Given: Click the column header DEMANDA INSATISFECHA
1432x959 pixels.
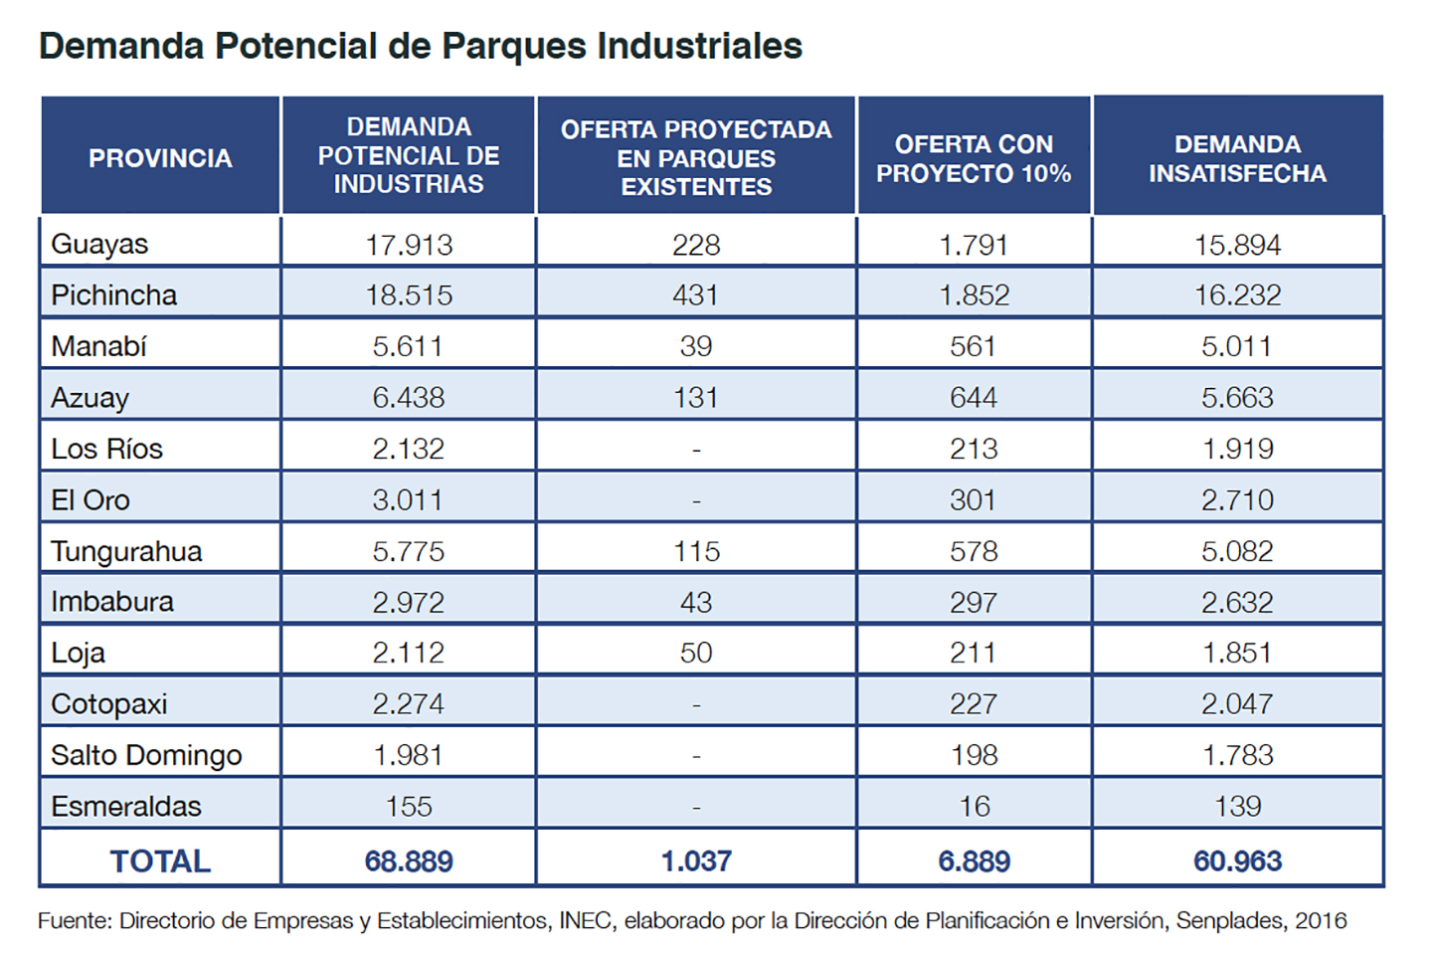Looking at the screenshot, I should click(1237, 158).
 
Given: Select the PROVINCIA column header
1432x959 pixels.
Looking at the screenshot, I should click(160, 158).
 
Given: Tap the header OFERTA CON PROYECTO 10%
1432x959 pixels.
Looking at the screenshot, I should click(974, 158).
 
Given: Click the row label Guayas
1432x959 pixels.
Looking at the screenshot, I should click(99, 244).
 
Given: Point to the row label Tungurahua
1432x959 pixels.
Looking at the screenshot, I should click(126, 551).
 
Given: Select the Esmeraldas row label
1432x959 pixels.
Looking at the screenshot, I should click(126, 806).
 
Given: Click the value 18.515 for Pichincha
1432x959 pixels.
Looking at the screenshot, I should click(409, 295).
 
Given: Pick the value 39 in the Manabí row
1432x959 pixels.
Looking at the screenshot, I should click(696, 346).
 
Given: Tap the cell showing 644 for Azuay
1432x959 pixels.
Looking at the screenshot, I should click(974, 398).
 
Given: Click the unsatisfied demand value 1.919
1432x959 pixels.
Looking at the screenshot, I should click(1237, 449).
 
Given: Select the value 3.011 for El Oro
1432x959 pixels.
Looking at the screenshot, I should click(409, 499).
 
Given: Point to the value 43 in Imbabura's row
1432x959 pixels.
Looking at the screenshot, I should click(696, 602).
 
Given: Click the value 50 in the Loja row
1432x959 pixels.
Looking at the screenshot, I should click(696, 653).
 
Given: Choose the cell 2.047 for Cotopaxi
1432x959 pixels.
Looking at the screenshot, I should click(1237, 704).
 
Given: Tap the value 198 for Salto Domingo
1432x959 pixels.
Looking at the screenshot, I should click(974, 755).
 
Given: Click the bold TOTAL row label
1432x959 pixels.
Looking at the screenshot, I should click(160, 861).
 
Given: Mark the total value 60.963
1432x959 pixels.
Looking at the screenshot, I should click(1237, 861).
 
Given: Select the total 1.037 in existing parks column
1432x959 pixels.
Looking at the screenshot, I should click(696, 861).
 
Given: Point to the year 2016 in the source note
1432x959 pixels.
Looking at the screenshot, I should click(1321, 921).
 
